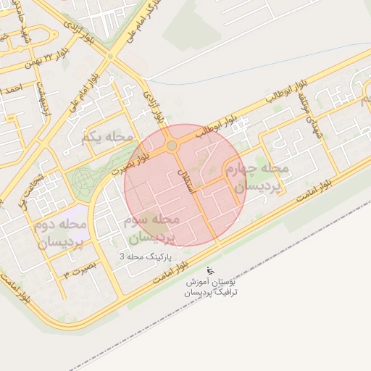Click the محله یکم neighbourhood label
point(109,136)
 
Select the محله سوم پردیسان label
point(152,228)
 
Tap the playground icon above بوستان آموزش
point(210,270)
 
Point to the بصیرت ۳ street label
point(76,274)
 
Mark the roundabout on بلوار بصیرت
point(172,146)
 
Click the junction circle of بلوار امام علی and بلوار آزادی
point(110,55)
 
